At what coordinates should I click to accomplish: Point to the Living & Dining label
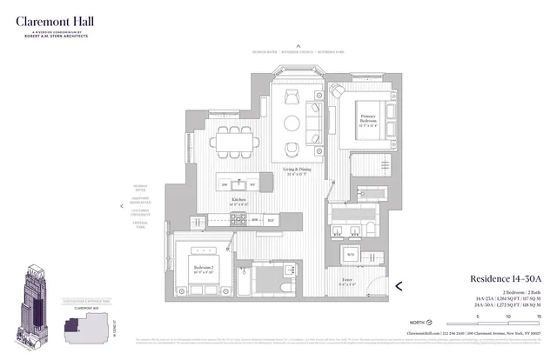[297, 170]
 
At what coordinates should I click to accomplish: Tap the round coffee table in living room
[293, 123]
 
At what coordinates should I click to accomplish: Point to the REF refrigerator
[272, 220]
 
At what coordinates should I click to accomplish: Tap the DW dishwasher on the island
[252, 184]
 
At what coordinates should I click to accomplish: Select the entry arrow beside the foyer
[399, 285]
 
